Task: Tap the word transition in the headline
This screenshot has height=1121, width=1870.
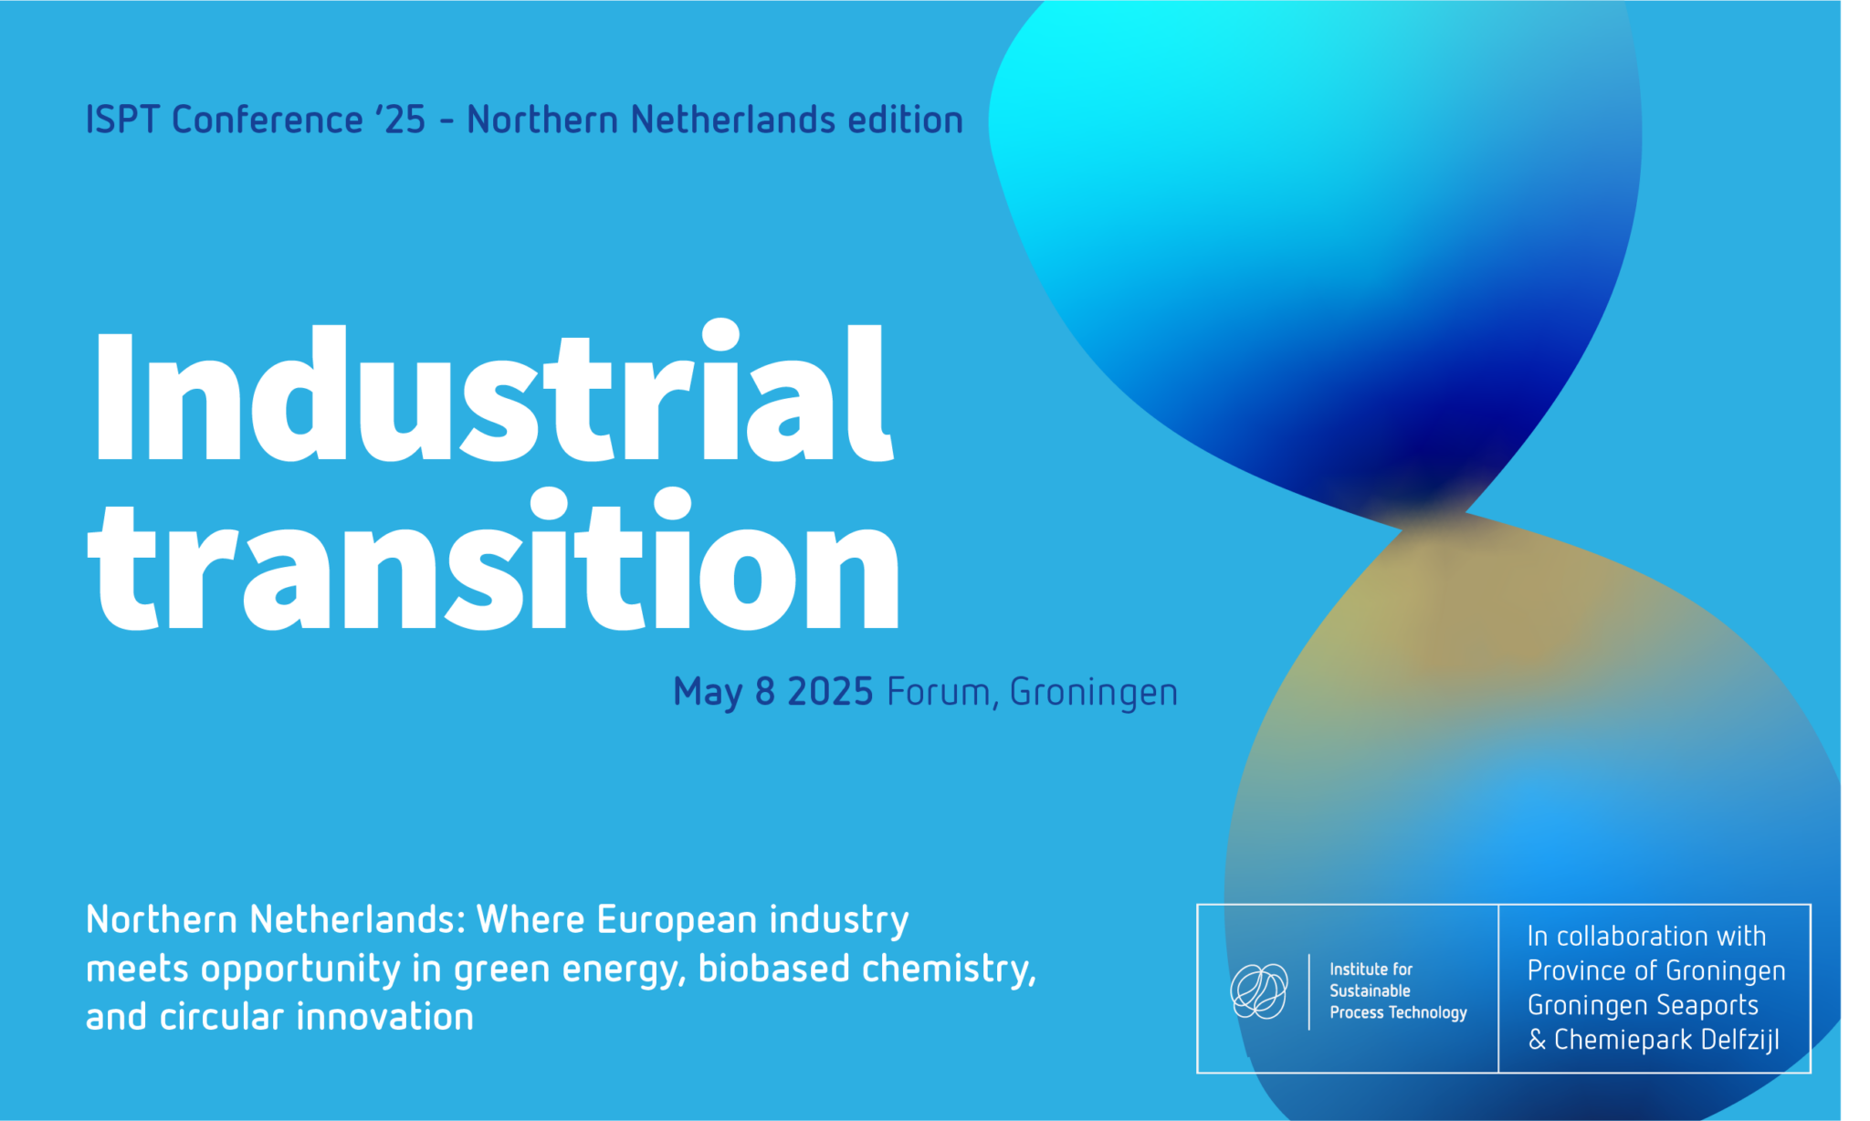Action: point(493,559)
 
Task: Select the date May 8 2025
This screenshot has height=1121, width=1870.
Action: point(773,692)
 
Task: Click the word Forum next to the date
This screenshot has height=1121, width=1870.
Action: point(939,692)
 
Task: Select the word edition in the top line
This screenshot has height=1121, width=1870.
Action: point(905,120)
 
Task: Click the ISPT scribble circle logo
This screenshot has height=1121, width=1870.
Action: point(1259,990)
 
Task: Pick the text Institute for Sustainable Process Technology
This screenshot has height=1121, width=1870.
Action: point(1398,990)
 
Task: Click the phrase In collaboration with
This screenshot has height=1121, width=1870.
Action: point(1646,936)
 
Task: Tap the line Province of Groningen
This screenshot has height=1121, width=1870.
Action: point(1656,971)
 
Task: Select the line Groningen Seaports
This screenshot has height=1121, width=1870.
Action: point(1643,1006)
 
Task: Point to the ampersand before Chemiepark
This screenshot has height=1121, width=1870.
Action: point(1538,1040)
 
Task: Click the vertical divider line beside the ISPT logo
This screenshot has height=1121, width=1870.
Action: point(1309,992)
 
